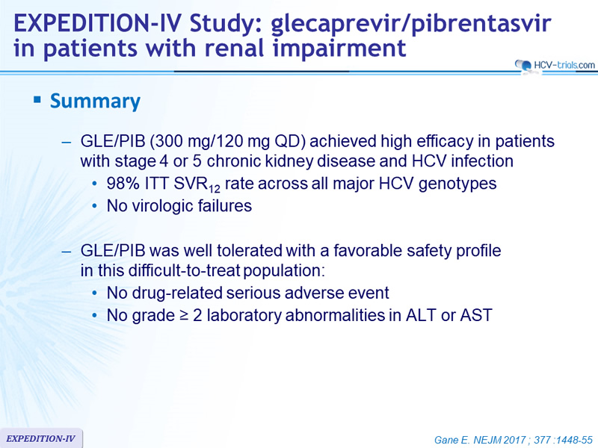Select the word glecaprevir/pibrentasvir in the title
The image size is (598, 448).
[x=411, y=25]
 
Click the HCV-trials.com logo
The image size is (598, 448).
[x=555, y=66]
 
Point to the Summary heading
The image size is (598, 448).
[x=96, y=102]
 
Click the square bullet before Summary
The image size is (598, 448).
[x=37, y=100]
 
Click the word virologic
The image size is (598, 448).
[x=162, y=206]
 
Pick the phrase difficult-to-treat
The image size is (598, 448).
[x=184, y=271]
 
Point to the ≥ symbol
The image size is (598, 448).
[x=184, y=316]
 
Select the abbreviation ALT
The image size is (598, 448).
[x=421, y=315]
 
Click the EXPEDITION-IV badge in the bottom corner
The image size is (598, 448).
[x=41, y=438]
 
